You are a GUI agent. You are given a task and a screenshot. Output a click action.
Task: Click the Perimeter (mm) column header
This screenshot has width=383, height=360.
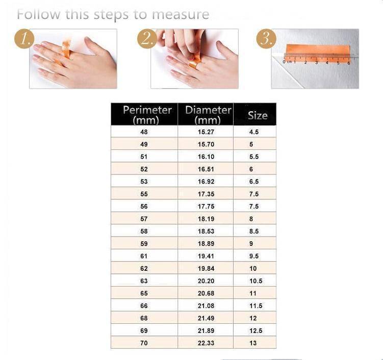147,115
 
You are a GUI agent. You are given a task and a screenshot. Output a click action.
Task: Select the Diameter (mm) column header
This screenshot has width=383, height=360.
208,115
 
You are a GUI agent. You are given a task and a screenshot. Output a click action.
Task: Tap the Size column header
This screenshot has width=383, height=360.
258,116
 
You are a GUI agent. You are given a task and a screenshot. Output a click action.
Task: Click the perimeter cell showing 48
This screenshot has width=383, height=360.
144,132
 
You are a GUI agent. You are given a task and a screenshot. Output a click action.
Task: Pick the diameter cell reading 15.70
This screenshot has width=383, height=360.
206,144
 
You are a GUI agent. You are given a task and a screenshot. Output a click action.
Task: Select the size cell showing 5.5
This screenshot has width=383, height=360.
254,157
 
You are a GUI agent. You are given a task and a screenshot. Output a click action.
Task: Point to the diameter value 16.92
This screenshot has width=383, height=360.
206,182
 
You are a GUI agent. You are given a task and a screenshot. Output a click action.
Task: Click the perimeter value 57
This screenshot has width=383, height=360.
144,219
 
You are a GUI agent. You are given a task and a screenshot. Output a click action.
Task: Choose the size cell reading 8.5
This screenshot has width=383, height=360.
254,232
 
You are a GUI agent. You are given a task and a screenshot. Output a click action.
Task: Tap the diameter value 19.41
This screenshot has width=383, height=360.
206,256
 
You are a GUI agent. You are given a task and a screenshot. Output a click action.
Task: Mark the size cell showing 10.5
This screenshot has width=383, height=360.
256,281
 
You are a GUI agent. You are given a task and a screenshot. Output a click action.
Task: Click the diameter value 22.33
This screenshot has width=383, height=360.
206,343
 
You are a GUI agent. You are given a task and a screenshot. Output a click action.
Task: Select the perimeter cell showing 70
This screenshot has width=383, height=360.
144,343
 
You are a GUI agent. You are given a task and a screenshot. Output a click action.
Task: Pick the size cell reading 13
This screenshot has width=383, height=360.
253,343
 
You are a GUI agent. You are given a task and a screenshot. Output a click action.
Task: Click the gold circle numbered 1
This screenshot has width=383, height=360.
24,39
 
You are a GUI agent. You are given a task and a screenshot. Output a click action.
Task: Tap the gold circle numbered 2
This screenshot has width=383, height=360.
147,39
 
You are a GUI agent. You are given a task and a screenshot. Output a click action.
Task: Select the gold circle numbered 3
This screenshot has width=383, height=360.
266,39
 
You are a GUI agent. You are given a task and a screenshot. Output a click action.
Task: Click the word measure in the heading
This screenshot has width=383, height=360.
181,14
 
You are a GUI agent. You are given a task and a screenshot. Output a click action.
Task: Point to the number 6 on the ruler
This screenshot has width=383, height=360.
348,63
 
